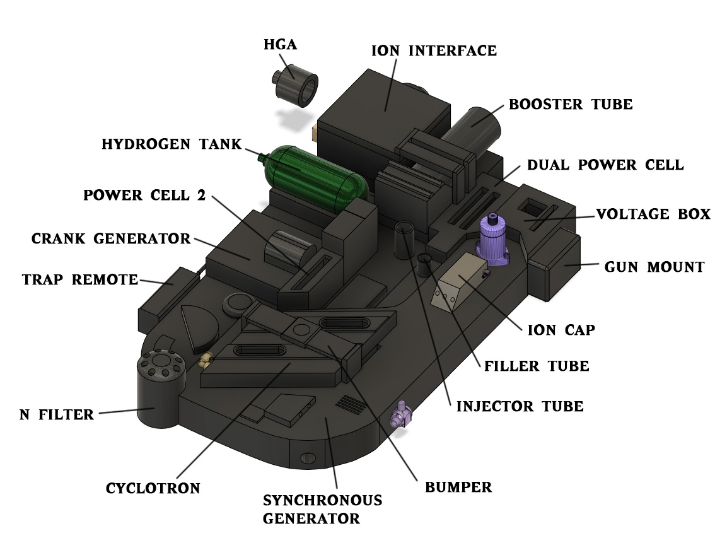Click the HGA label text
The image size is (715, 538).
pos(281,45)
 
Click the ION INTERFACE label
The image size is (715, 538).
pos(434,50)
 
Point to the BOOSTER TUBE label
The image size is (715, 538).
pos(571,105)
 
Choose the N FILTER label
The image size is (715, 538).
pos(57,415)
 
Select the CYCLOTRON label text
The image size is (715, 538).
pos(153,489)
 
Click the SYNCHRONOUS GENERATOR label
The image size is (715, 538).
pos(322,509)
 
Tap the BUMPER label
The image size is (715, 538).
pos(458,488)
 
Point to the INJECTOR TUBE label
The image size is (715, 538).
pos(520,407)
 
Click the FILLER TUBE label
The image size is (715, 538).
pos(537,366)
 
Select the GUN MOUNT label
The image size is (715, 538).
pos(654,267)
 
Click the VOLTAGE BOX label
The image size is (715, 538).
pos(653,214)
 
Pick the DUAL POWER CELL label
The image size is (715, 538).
pos(605,165)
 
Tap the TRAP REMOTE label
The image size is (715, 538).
pos(80,280)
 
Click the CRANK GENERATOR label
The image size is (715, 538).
pos(111,238)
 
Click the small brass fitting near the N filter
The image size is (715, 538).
pos(205,360)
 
